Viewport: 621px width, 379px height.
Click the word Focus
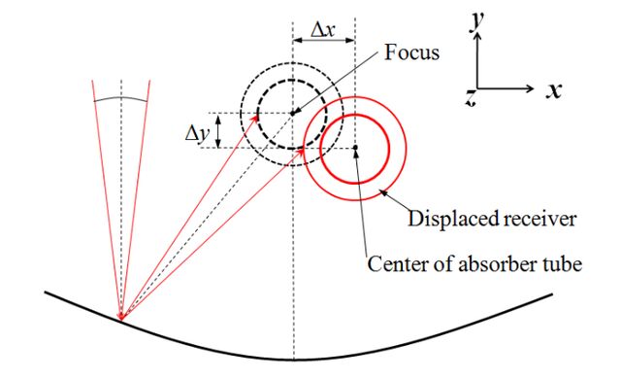point(411,52)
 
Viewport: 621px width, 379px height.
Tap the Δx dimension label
point(323,30)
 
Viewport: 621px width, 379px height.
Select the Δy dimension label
point(197,133)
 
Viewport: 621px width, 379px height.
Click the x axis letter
point(554,90)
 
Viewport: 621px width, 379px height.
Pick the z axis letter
point(470,97)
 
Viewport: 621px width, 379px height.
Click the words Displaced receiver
point(492,219)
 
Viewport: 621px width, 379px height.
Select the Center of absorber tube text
point(474,263)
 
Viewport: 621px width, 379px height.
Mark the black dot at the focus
point(293,114)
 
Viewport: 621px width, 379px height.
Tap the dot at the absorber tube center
point(355,148)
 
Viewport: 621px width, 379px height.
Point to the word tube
point(566,263)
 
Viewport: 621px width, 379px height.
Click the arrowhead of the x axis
point(531,88)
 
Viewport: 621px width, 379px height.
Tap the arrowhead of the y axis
point(477,37)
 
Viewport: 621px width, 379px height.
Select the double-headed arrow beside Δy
point(217,130)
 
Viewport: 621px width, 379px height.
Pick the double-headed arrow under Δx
point(323,41)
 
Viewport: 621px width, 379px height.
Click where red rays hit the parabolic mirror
point(121,318)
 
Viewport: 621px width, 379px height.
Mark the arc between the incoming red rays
point(121,97)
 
